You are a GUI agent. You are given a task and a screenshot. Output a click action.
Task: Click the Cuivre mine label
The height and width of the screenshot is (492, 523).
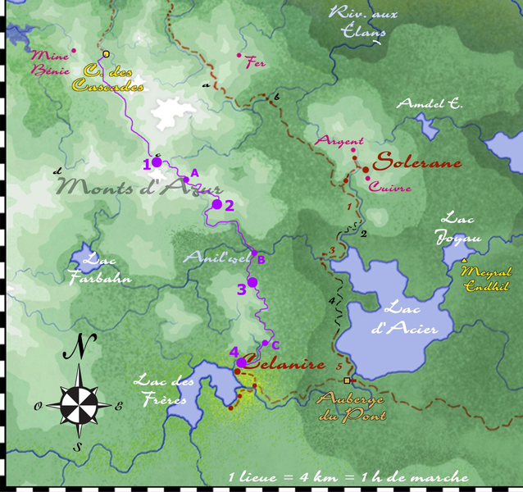389,188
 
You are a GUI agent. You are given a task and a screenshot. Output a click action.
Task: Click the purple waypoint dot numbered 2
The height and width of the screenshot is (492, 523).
217,204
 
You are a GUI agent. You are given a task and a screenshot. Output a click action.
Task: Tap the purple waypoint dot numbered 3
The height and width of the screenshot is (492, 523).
252,282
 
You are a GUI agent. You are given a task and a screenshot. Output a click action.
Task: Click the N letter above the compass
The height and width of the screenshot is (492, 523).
78,348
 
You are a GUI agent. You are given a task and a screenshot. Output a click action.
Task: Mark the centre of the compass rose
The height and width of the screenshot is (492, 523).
79,403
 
